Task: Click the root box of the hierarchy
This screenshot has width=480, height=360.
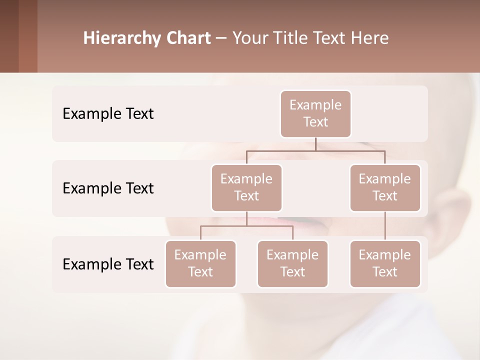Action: [315, 113]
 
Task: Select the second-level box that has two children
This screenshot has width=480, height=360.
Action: [246, 187]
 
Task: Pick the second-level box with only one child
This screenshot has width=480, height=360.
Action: [385, 187]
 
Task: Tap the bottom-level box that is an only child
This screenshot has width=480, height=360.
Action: [385, 263]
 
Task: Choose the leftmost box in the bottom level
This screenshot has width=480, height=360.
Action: [200, 263]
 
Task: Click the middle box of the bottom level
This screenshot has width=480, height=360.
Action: [292, 263]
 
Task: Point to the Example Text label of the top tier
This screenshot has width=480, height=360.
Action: [108, 114]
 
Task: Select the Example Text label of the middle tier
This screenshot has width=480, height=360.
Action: [108, 188]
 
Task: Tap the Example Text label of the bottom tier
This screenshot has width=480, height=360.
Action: [108, 264]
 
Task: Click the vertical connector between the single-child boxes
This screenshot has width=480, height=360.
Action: [385, 226]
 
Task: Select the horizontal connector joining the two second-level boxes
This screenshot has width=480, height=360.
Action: [315, 150]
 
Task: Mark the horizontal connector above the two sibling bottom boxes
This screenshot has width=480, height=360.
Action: [246, 226]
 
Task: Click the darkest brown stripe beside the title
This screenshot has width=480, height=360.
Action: [9, 36]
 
